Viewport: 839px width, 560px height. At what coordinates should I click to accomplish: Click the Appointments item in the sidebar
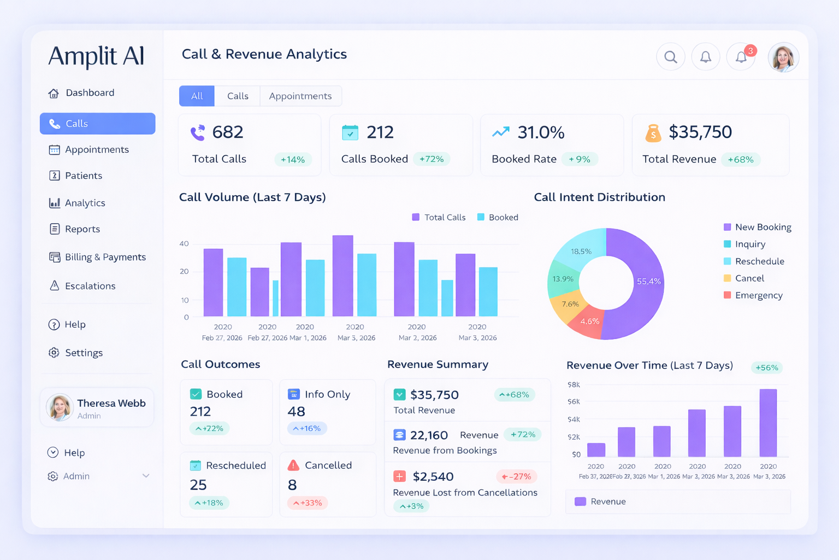click(x=96, y=150)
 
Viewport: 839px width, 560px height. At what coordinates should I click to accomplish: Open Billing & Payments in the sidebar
click(x=105, y=257)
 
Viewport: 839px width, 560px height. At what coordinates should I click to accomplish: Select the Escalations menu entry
click(x=90, y=286)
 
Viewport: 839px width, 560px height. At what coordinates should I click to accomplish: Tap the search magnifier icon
click(x=671, y=57)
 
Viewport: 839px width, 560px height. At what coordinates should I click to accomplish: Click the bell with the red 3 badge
click(x=741, y=57)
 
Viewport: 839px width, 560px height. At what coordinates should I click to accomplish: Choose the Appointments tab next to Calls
click(x=300, y=96)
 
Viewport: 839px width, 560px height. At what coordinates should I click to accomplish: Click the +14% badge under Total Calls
click(x=292, y=160)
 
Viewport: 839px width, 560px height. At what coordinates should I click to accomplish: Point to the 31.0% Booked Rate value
click(x=541, y=132)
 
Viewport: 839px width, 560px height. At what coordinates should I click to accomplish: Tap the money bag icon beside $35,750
click(x=653, y=133)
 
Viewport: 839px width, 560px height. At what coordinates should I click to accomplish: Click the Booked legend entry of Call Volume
click(x=498, y=218)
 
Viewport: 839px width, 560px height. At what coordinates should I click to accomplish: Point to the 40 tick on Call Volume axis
click(x=184, y=244)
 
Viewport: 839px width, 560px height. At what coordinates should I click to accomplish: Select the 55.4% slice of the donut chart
click(x=648, y=282)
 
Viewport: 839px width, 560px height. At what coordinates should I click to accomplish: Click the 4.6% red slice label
click(x=590, y=322)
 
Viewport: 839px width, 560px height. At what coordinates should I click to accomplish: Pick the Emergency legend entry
click(x=758, y=295)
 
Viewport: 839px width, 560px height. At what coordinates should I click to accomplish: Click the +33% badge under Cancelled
click(x=308, y=503)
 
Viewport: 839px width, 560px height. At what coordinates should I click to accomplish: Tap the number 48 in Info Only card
click(x=297, y=411)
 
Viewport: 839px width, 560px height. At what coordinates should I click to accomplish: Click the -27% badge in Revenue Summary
click(x=516, y=477)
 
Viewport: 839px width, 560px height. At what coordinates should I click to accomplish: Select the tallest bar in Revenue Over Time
click(x=768, y=423)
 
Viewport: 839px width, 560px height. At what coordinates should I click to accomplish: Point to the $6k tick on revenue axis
click(x=574, y=402)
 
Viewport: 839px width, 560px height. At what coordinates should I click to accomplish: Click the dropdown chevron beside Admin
click(x=146, y=476)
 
